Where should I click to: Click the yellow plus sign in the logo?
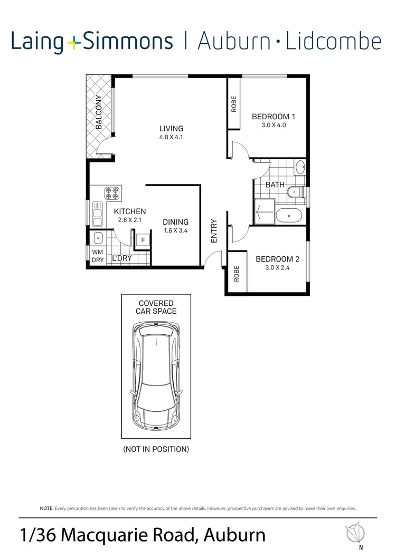(74, 42)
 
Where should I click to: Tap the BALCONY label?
(99, 112)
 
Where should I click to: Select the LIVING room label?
(172, 128)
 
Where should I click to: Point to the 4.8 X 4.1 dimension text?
(172, 137)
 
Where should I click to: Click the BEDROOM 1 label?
(274, 117)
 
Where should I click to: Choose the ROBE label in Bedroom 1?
(234, 104)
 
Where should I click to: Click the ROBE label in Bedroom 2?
(237, 273)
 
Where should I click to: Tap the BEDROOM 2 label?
(277, 259)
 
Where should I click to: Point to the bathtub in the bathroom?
(289, 215)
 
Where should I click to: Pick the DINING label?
(175, 222)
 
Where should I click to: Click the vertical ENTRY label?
(214, 231)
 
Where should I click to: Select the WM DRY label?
(98, 256)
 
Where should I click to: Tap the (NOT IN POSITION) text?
(156, 449)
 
